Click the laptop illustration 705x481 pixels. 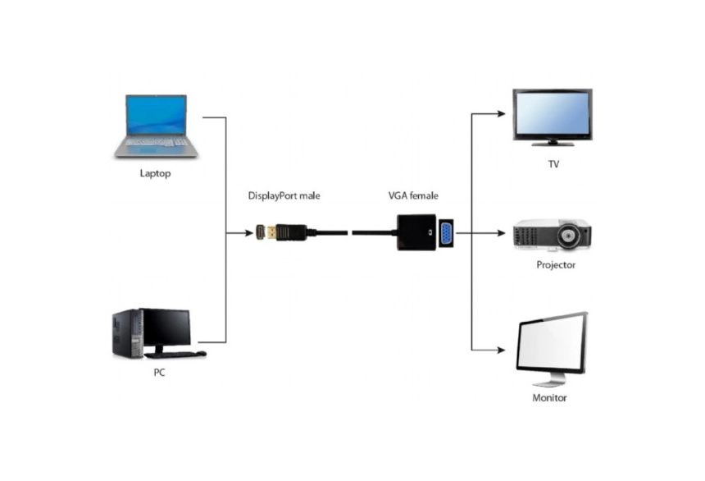coord(156,126)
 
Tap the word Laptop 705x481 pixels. coord(155,173)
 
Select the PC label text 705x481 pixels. coord(159,373)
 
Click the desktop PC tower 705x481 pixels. coord(127,334)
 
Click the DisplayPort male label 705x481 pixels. coord(284,196)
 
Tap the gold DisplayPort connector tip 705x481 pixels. coord(271,233)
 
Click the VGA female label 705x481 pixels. coord(413,196)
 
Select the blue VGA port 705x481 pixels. coord(446,233)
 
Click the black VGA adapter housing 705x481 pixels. coord(416,232)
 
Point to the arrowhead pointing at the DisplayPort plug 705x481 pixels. coord(248,233)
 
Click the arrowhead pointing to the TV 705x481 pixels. coord(502,113)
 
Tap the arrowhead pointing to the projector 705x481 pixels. coord(502,233)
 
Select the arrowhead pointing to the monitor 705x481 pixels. coord(502,350)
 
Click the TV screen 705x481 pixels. coord(553,113)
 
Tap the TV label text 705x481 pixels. coord(554,164)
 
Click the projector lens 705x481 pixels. coord(569,235)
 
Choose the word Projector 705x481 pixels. coord(556,265)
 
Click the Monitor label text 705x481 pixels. coord(549,397)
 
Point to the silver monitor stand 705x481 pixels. coord(549,380)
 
